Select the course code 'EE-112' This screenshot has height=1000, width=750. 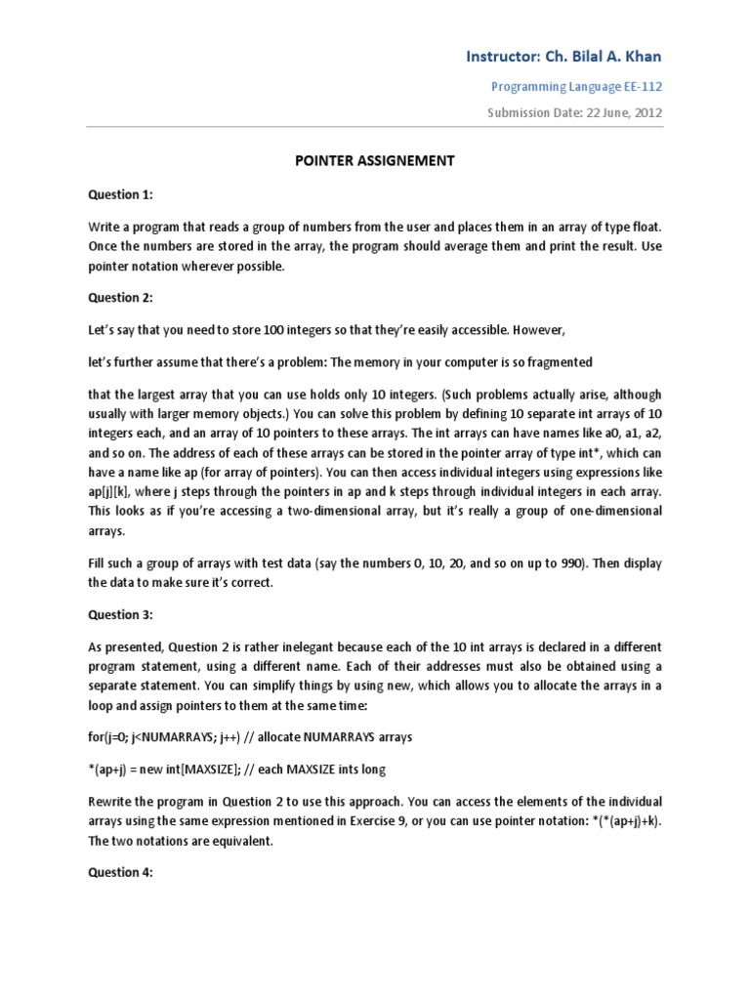click(x=642, y=87)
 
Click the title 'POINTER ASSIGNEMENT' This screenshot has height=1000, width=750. click(x=374, y=161)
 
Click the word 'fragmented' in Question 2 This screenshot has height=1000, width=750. click(x=556, y=361)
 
